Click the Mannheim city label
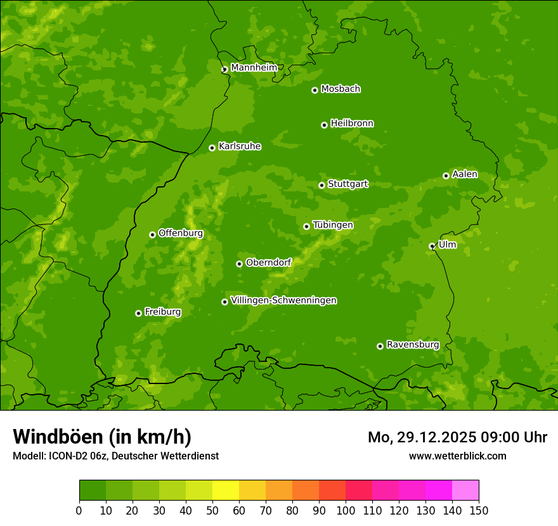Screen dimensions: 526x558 tap(254, 68)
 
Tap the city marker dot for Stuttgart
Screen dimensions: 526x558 tap(321, 185)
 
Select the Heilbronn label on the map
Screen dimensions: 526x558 tap(352, 124)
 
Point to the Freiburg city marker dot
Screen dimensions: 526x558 tap(138, 313)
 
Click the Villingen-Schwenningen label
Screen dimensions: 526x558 tap(283, 300)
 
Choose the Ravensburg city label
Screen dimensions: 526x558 tap(412, 345)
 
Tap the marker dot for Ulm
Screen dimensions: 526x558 tap(432, 246)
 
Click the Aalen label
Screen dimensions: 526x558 tap(464, 174)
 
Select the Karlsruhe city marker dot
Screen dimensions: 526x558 tap(212, 148)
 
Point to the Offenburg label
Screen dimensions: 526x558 tap(181, 233)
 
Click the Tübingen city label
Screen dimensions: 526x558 tap(333, 225)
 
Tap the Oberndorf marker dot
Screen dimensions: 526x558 tap(239, 264)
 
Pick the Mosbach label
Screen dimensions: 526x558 tap(341, 89)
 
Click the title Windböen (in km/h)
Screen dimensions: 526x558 tap(102, 437)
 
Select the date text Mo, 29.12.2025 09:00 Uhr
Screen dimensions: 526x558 tap(457, 437)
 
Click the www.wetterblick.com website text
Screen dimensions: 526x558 tap(457, 456)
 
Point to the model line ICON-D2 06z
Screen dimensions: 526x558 tap(115, 456)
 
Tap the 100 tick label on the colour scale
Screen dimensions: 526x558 tap(346, 510)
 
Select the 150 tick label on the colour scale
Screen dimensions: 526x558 tap(479, 510)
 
